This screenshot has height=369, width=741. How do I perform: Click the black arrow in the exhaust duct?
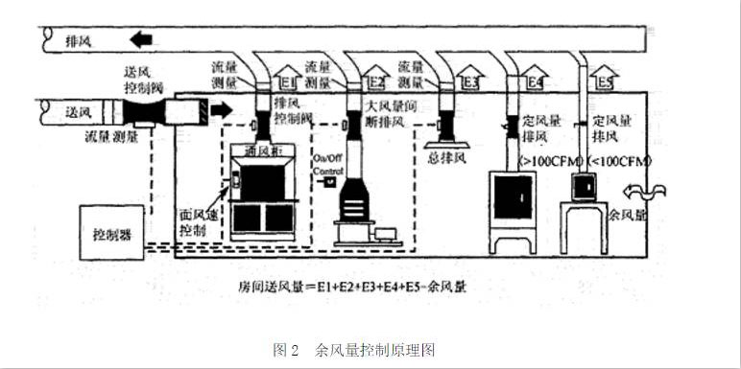tap(140, 40)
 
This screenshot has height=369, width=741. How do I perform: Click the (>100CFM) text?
tap(543, 157)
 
